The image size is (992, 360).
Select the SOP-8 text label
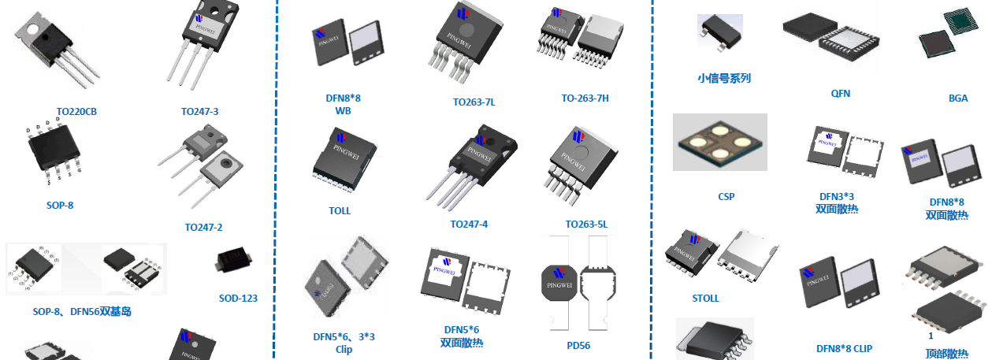tap(60, 206)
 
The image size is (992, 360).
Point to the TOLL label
tap(340, 211)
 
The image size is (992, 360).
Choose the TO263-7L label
tap(474, 102)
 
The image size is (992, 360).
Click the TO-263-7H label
tap(585, 98)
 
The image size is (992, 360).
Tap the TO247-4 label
tap(469, 225)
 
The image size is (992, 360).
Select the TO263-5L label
tap(586, 225)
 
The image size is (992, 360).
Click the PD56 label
tap(578, 345)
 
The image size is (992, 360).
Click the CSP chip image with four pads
tap(719, 142)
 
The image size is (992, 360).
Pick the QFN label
tap(841, 94)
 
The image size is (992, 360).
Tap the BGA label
tap(958, 98)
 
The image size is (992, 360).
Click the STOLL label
tap(706, 299)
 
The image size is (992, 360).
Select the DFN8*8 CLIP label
tap(844, 349)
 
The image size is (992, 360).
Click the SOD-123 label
tap(238, 299)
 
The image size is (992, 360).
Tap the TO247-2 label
tap(203, 228)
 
